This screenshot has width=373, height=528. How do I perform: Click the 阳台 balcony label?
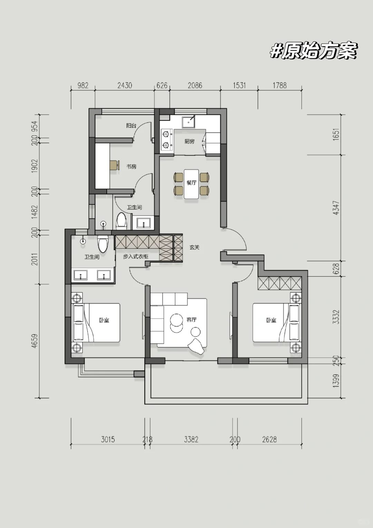click(x=131, y=126)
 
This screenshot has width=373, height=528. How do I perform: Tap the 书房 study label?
click(x=132, y=167)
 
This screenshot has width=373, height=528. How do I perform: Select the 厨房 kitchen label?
click(x=190, y=141)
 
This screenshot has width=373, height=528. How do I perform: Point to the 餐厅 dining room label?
click(x=191, y=182)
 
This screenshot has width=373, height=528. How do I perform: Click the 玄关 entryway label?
click(x=195, y=247)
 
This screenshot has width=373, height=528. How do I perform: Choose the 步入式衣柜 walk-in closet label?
click(x=135, y=257)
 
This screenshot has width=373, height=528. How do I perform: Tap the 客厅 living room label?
click(x=191, y=320)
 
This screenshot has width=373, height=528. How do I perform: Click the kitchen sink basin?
click(x=189, y=122)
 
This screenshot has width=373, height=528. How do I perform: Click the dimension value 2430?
click(x=125, y=85)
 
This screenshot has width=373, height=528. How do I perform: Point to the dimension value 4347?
click(x=336, y=208)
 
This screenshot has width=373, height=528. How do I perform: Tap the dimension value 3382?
click(x=191, y=440)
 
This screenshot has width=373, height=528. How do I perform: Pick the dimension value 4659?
click(x=35, y=341)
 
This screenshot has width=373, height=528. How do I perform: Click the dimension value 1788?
click(x=280, y=85)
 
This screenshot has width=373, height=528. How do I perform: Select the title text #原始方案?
click(x=313, y=50)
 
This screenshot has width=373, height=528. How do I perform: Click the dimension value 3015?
click(x=108, y=440)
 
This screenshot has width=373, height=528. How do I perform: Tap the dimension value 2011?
click(x=35, y=259)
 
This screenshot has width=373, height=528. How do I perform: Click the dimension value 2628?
click(x=269, y=440)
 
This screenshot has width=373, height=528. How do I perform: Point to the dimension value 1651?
click(x=336, y=135)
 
